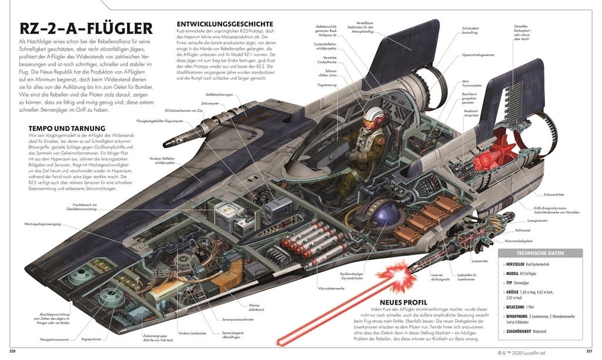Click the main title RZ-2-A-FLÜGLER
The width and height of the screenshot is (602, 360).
[86, 29]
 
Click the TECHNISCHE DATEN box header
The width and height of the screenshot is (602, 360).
[540, 253]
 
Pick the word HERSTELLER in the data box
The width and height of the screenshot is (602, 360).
[517, 265]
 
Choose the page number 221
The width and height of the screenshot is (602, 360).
[592, 351]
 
